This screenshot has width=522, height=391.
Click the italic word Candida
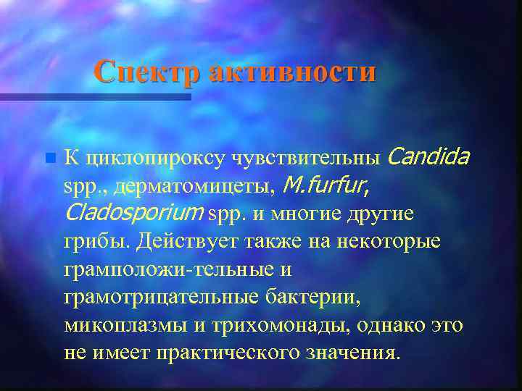(430, 156)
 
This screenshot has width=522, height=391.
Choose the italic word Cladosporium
(133, 214)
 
